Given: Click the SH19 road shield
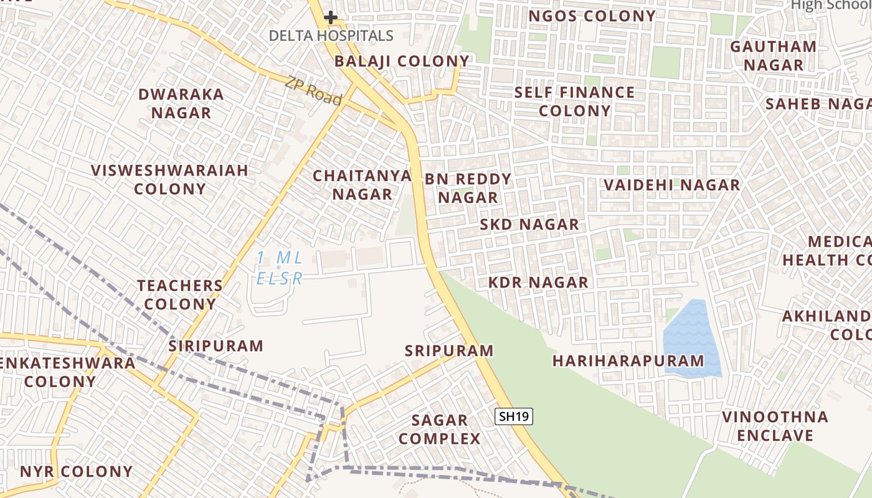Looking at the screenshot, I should (x=514, y=416).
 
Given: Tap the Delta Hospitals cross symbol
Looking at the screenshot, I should (x=331, y=17).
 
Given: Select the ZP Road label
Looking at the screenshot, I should (x=314, y=91).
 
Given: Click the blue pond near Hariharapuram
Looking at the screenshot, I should (x=691, y=339).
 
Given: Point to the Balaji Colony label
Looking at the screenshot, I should (x=402, y=61).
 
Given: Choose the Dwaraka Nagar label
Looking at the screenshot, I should (x=181, y=103).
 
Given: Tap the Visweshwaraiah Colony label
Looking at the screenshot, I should (x=169, y=179).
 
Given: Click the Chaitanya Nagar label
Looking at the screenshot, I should (x=362, y=185).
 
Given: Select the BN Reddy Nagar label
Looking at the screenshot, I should (x=468, y=188).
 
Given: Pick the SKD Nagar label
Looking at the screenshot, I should (x=529, y=224).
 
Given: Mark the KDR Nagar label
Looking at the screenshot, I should (x=538, y=283).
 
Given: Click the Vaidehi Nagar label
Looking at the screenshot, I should (x=671, y=185).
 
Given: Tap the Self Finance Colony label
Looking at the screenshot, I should (x=574, y=101).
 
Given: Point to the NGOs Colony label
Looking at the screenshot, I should (x=592, y=16).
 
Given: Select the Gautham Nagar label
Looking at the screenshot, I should (x=773, y=55).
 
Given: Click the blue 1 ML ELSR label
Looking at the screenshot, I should (x=280, y=268).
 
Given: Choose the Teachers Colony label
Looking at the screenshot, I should (x=179, y=294).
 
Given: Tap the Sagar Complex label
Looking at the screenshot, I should (x=440, y=430).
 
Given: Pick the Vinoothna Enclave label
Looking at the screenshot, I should (x=775, y=426).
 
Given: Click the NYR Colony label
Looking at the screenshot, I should (x=76, y=471).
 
